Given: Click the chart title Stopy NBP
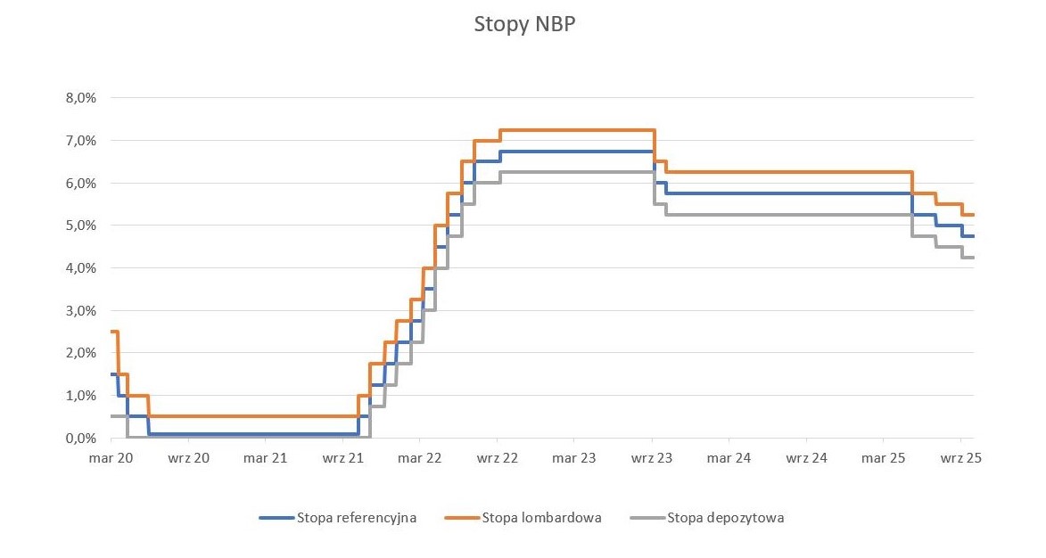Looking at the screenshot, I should [524, 25].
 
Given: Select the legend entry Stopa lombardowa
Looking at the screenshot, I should [541, 517].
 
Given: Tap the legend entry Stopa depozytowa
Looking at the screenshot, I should [726, 517].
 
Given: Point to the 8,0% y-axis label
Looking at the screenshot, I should [81, 98].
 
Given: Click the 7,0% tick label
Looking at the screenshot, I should [81, 141].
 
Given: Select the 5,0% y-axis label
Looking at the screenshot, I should [81, 226].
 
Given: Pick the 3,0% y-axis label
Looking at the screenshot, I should [81, 310].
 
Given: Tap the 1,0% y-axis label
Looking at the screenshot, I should [81, 396].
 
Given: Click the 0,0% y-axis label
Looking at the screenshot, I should [81, 439].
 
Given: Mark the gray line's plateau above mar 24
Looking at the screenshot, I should [729, 215].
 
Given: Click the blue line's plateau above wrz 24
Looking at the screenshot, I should [805, 193].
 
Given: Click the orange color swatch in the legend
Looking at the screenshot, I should [461, 517].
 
